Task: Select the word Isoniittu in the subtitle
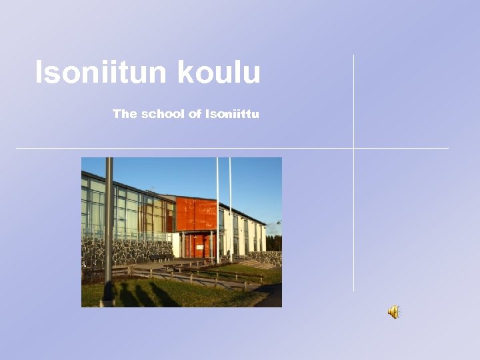pos(232,114)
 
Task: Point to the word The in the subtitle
pos(125,114)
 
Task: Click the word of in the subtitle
pos(195,114)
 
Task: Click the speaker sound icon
pos(394,311)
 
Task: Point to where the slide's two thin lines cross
pos(353,148)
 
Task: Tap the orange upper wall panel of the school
pos(196,214)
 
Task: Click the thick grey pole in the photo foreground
pos(109,220)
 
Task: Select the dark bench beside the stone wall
pos(160,258)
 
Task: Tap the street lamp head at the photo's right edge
pos(279,223)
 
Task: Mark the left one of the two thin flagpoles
pos(217,207)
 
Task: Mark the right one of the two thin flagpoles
pos(230,207)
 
